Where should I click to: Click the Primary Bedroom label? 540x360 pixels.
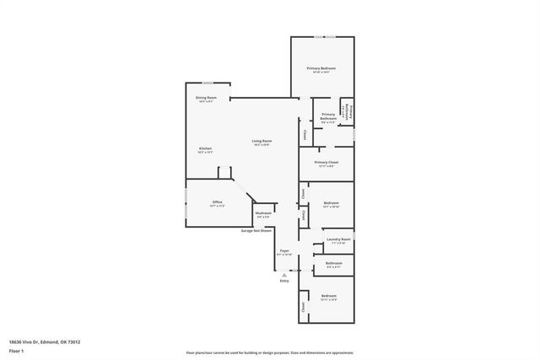[321, 69]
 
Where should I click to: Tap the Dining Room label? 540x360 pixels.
[207, 99]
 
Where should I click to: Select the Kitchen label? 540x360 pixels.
[205, 150]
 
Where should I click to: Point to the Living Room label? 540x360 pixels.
[262, 142]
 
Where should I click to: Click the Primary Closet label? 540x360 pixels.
[327, 164]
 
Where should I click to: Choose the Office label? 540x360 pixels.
[217, 203]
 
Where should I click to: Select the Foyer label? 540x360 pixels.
[284, 251]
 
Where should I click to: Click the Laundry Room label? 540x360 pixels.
[338, 240]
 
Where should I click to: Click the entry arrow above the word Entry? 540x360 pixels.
[284, 272]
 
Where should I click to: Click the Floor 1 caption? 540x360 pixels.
[16, 352]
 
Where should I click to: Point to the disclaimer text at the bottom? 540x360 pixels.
[269, 352]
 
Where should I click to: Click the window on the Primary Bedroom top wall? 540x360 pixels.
[321, 37]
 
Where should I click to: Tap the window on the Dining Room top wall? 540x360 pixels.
[207, 83]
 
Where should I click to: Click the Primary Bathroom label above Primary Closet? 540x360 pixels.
[328, 117]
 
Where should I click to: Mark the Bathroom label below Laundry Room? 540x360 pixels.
[332, 264]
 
